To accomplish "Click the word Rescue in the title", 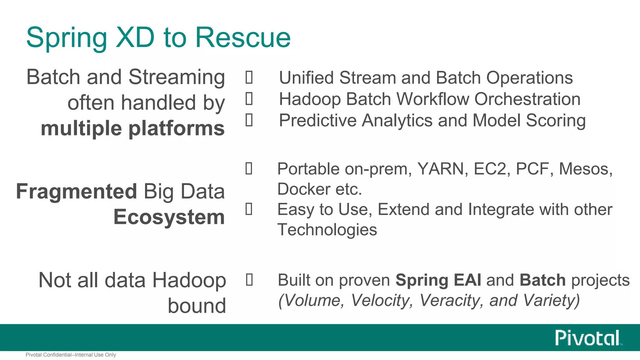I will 243,37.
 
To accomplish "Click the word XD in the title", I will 135,37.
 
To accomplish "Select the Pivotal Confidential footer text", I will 71,355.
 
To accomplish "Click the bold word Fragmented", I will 77,191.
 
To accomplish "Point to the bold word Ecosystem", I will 169,217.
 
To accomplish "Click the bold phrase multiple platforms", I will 132,128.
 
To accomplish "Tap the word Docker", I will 304,189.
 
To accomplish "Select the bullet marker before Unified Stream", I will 249,77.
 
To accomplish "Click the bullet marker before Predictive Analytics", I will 249,120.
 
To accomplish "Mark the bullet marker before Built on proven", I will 249,280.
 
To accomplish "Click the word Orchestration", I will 527,99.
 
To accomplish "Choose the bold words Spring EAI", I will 438,280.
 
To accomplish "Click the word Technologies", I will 327,230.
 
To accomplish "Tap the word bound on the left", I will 197,306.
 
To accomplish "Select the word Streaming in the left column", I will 177,77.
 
